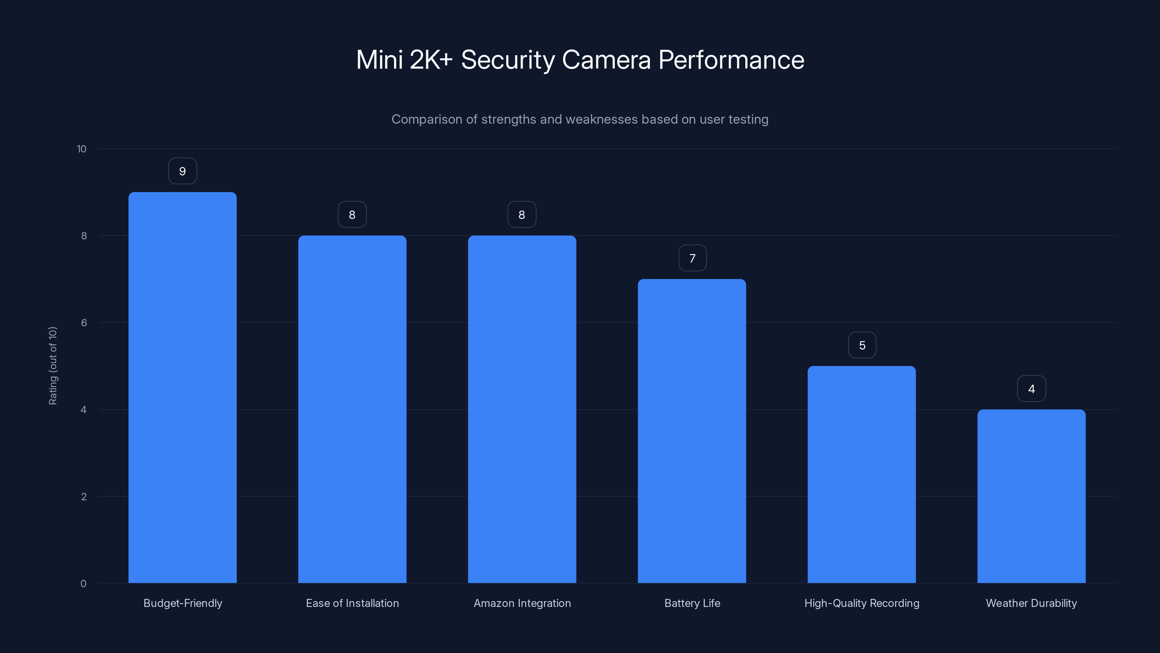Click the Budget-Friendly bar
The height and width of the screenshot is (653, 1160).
pyautogui.click(x=182, y=387)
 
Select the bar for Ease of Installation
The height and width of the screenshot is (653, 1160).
pyautogui.click(x=352, y=409)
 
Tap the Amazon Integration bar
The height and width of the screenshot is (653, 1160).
pyautogui.click(x=522, y=409)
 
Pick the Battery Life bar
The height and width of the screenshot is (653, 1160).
pyautogui.click(x=692, y=431)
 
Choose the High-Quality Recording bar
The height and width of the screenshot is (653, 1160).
pyautogui.click(x=861, y=475)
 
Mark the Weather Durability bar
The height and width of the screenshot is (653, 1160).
pyautogui.click(x=1031, y=496)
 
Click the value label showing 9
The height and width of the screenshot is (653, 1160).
pyautogui.click(x=182, y=171)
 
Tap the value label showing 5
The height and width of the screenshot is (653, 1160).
pyautogui.click(x=862, y=345)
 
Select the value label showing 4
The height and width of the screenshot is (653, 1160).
pyautogui.click(x=1032, y=389)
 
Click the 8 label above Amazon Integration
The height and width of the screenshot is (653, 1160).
pyautogui.click(x=522, y=215)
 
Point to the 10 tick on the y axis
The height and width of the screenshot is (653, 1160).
pyautogui.click(x=82, y=149)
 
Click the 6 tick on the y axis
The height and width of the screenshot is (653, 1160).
pyautogui.click(x=84, y=323)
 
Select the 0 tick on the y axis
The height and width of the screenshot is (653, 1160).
pyautogui.click(x=83, y=584)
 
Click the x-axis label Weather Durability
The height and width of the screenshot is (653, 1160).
pyautogui.click(x=1031, y=603)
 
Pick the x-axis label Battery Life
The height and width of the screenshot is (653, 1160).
pyautogui.click(x=692, y=603)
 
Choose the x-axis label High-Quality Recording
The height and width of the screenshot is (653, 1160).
pyautogui.click(x=861, y=603)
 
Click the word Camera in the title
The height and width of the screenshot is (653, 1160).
pyautogui.click(x=606, y=60)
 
